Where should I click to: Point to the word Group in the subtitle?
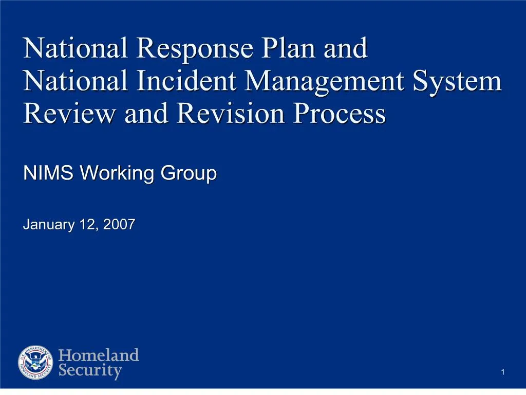click(x=189, y=174)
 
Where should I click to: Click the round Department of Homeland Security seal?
click(x=35, y=363)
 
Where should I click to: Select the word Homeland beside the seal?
click(x=99, y=355)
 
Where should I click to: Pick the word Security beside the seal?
click(x=90, y=371)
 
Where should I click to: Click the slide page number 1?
click(x=503, y=372)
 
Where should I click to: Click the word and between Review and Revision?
click(x=146, y=114)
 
